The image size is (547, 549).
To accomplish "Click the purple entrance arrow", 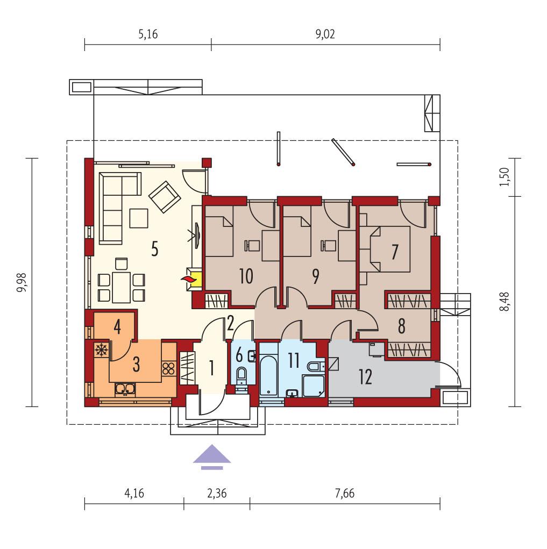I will pos(212,457).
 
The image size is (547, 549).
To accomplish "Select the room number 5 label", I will pos(154,250).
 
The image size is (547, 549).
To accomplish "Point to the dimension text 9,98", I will pos(22,282).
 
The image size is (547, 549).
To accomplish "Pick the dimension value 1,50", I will pos(505,177).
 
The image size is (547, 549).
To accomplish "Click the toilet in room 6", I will pos(241,374).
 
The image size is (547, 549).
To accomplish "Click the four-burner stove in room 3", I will pos(168,368).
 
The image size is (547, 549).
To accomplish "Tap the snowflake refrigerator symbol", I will pos(100,350).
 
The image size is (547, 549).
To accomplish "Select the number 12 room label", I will pos(366,377).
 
